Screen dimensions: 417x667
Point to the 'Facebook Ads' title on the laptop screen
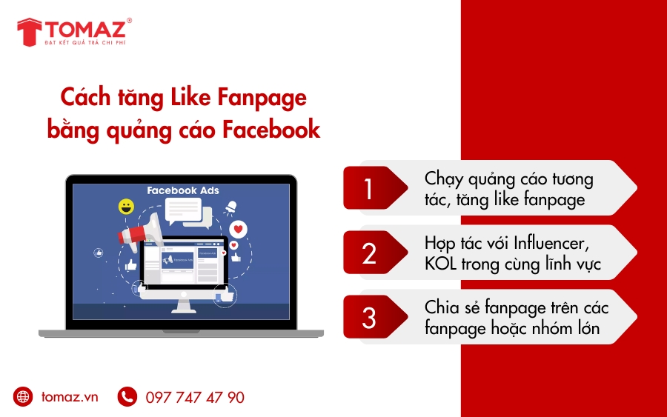(x=183, y=190)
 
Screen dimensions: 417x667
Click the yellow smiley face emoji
(x=127, y=207)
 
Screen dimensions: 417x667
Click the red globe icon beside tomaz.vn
(x=24, y=397)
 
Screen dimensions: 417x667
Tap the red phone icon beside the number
(x=127, y=397)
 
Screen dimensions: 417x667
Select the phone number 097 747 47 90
(x=195, y=398)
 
